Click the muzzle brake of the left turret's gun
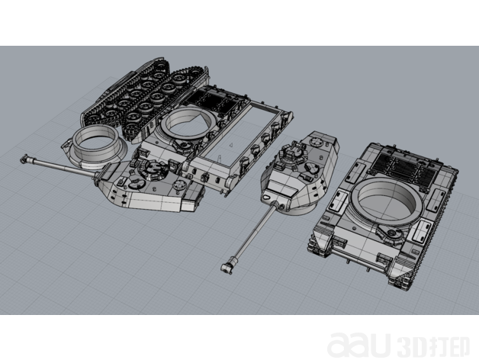click(25, 159)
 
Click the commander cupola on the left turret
click(152, 167)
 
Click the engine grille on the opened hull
click(213, 101)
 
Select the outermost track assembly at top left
click(125, 91)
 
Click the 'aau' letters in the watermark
click(358, 345)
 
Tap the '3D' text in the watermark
click(410, 347)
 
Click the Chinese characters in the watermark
click(447, 347)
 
